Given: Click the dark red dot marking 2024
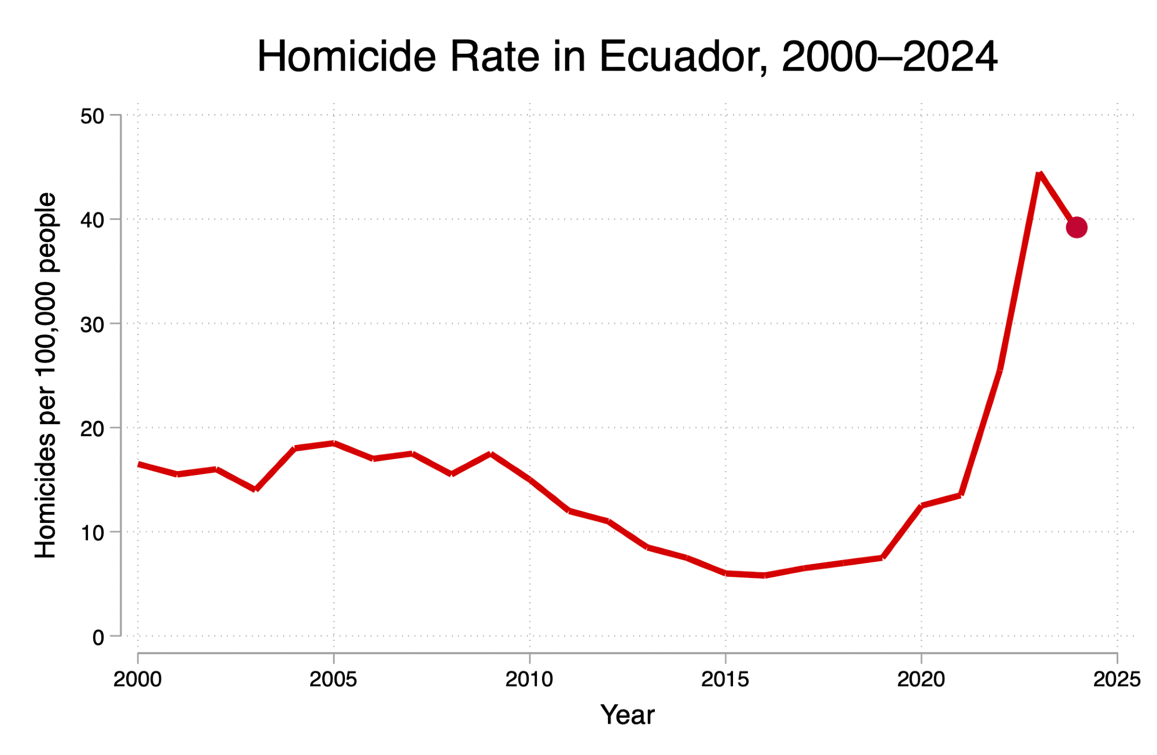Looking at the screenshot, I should pyautogui.click(x=1076, y=227).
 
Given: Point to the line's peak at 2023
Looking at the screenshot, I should pyautogui.click(x=1040, y=174).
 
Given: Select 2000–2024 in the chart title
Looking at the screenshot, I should pyautogui.click(x=889, y=57).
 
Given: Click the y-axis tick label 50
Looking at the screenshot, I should pyautogui.click(x=92, y=116).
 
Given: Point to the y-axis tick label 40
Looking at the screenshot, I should pyautogui.click(x=92, y=220).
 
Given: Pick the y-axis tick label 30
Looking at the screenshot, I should pyautogui.click(x=92, y=325).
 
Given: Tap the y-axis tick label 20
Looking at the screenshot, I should pyautogui.click(x=92, y=429).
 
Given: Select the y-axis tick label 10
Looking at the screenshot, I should pyautogui.click(x=92, y=533).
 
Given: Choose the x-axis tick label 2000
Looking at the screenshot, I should pyautogui.click(x=138, y=679).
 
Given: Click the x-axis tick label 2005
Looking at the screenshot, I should pyautogui.click(x=333, y=679).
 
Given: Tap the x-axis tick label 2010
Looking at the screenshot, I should pyautogui.click(x=529, y=679).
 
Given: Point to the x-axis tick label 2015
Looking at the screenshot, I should pyautogui.click(x=725, y=679).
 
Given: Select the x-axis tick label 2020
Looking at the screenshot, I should pyautogui.click(x=921, y=679).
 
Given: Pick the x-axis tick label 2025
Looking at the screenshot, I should pyautogui.click(x=1117, y=679).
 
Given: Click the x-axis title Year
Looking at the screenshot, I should pyautogui.click(x=628, y=715).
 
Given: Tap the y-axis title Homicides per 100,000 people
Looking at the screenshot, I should pyautogui.click(x=46, y=375).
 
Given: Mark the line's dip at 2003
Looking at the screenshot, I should pyautogui.click(x=255, y=489).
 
